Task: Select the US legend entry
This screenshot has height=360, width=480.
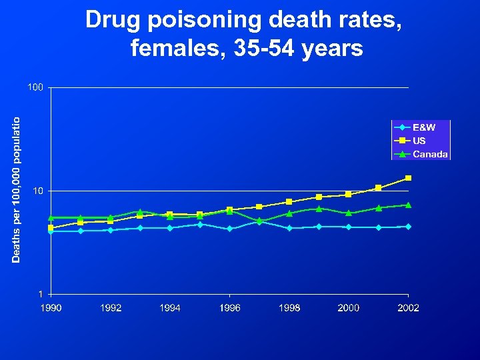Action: pos(419,141)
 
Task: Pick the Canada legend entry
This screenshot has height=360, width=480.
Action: pos(430,154)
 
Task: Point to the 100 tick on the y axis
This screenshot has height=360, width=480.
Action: pos(35,87)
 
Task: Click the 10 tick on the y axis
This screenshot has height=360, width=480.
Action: pos(38,191)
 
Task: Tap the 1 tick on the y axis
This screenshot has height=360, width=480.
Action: pos(41,294)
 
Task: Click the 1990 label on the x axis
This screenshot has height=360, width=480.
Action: pos(51,307)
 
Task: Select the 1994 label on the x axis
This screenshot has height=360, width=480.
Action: pos(170,307)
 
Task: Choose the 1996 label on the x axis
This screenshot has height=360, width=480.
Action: pos(229,307)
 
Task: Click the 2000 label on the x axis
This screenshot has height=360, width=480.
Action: pos(349,307)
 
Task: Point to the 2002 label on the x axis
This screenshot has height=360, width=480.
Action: pos(408,307)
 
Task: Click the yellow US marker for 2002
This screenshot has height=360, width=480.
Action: pos(408,178)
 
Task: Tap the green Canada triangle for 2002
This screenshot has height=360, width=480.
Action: pos(408,205)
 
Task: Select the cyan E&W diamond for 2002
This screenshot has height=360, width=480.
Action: pos(408,227)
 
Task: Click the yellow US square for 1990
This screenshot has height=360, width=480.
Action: pos(51,228)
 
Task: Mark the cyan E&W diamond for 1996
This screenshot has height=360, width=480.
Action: pos(229,229)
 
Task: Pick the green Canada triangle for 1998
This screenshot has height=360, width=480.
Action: pos(289,213)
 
